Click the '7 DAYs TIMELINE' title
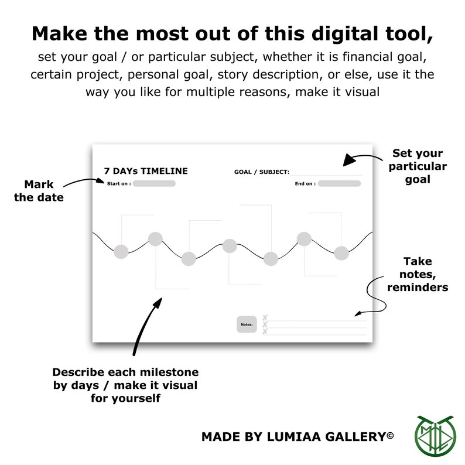click(146, 171)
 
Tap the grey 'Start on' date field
click(153, 183)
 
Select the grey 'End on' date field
click(339, 183)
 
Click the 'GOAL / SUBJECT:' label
click(261, 172)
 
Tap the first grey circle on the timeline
click(121, 252)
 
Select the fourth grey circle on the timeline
click(230, 246)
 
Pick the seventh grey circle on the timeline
click(341, 253)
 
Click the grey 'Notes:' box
click(247, 324)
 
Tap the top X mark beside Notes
click(265, 317)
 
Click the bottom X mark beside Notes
click(265, 331)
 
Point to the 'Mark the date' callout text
click(39, 191)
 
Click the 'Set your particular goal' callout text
click(417, 166)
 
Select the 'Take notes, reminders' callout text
click(417, 274)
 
